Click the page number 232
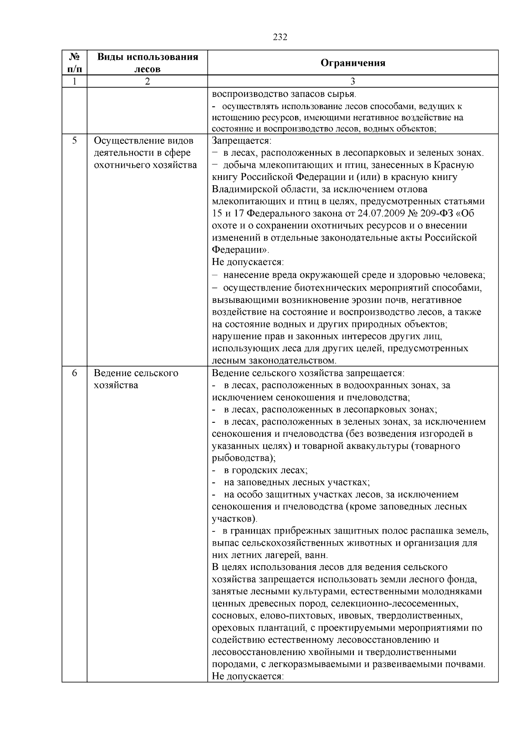(280, 37)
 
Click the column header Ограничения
(353, 63)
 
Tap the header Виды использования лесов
(147, 63)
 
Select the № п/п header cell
(75, 63)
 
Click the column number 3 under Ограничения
(353, 81)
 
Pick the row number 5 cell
(75, 141)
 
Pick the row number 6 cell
(75, 373)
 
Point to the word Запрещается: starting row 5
(241, 141)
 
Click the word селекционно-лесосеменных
(394, 604)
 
